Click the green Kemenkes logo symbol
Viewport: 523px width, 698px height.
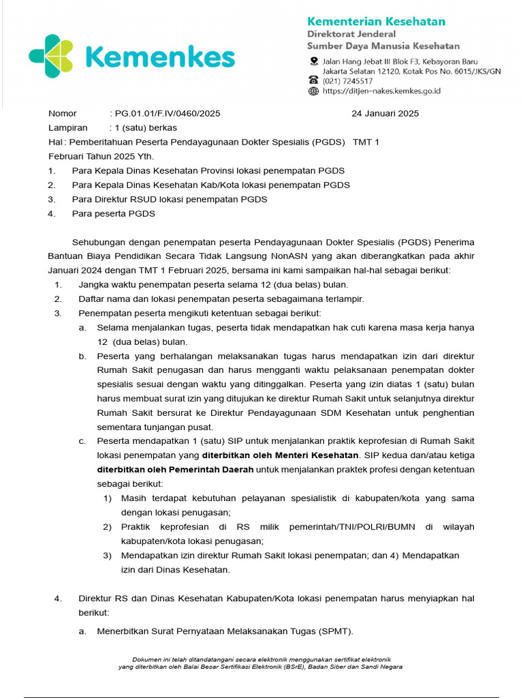coord(51,57)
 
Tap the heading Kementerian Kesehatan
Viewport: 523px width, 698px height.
coord(376,21)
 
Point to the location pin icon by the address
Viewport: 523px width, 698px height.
coord(313,61)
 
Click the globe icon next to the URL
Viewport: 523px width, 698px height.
coord(313,91)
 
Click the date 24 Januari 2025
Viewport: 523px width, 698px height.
coord(385,114)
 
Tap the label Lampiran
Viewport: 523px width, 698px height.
coord(68,127)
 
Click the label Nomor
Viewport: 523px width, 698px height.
coord(63,114)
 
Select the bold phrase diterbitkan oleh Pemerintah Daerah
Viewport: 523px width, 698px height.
coord(175,470)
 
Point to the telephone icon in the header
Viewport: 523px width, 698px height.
coord(313,80)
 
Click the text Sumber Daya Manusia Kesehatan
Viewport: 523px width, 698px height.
coord(383,46)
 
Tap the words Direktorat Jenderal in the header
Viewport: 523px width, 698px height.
coord(351,34)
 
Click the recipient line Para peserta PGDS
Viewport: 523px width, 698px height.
coord(114,213)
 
